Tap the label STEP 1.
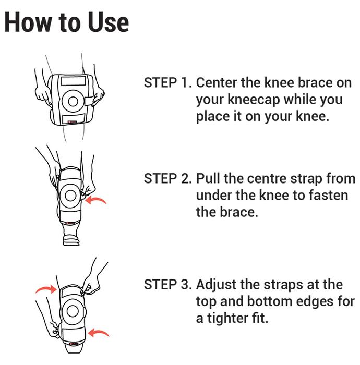click(x=168, y=82)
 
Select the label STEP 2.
click(x=168, y=178)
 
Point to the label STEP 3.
click(x=168, y=285)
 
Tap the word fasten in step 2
click(x=329, y=195)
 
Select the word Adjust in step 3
click(x=217, y=285)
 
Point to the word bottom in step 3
click(x=267, y=301)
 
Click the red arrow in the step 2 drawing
click(x=95, y=199)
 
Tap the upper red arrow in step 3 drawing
click(x=46, y=289)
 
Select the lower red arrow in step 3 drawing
click(x=99, y=332)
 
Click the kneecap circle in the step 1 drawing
click(x=73, y=101)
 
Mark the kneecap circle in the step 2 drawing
click(x=70, y=196)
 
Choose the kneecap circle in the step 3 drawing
click(x=73, y=311)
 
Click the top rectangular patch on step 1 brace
click(x=74, y=80)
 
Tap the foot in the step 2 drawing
click(x=71, y=240)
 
